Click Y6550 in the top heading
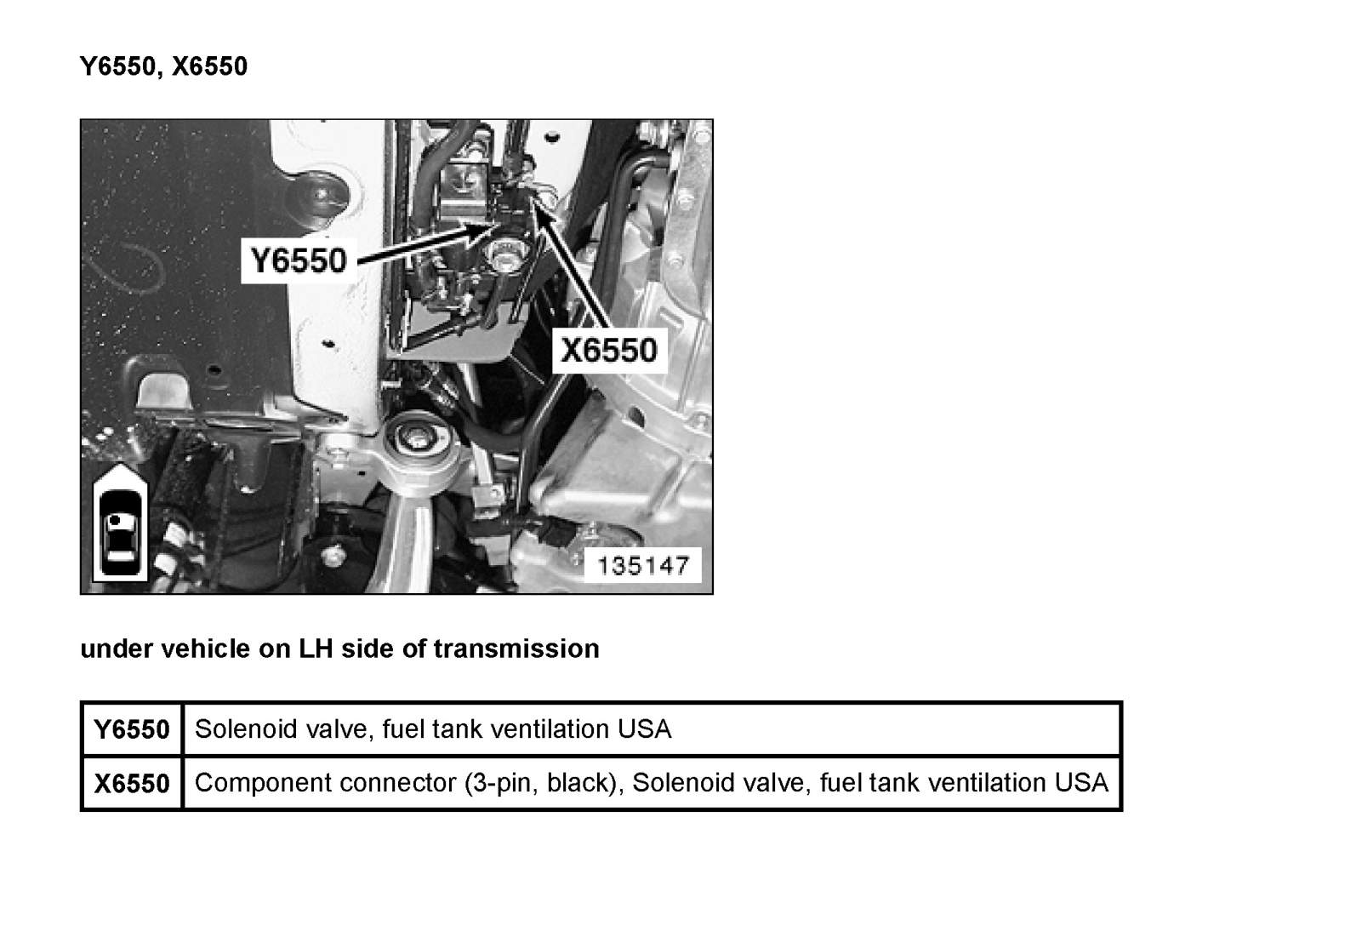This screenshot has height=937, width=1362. point(117,66)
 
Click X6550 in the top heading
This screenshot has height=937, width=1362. point(210,66)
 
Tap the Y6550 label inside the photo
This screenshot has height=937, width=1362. point(298,260)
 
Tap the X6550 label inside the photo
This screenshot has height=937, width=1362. point(608,351)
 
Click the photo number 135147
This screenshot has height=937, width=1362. point(642,566)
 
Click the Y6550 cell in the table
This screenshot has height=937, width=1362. point(131,728)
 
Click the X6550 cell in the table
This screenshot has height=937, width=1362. point(131,783)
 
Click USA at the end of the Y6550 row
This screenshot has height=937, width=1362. point(645,728)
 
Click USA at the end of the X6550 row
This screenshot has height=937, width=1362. point(1081,783)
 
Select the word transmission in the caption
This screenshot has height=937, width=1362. point(516,648)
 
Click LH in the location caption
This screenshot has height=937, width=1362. point(316,648)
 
